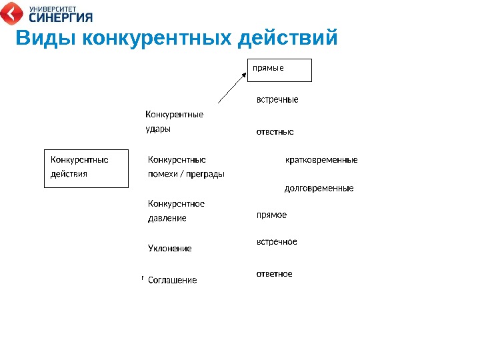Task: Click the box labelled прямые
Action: click(279, 69)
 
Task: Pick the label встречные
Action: click(277, 100)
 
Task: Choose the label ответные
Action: click(275, 132)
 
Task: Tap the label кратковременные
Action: click(321, 160)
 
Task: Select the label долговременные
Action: click(319, 189)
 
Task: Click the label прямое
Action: click(271, 215)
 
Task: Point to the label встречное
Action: click(277, 242)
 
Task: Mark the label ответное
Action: click(275, 274)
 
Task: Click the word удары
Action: click(158, 129)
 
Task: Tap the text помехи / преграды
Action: click(186, 174)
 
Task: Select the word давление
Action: click(167, 219)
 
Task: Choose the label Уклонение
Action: click(169, 249)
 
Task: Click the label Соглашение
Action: click(172, 281)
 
